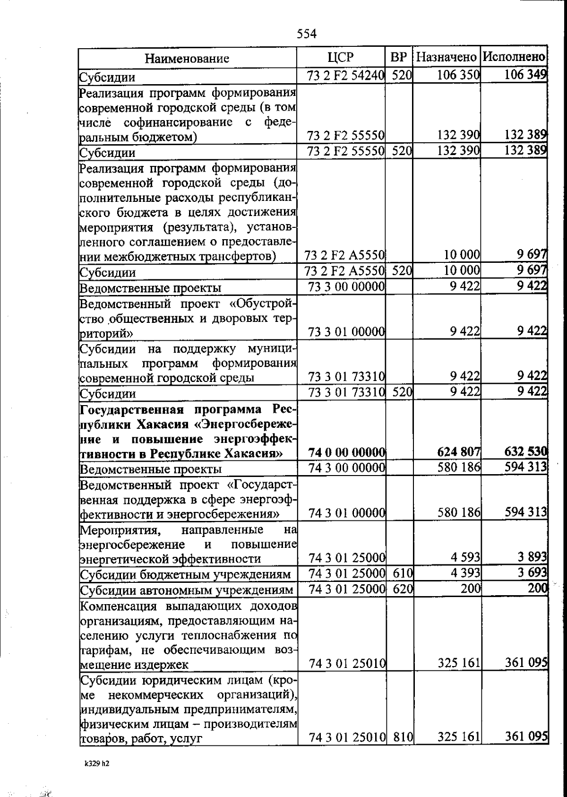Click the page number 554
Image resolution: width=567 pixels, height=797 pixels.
(307, 34)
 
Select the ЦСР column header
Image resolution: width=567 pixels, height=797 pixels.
(340, 58)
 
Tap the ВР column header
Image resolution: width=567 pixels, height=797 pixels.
(399, 58)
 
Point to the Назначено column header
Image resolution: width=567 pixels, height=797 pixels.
(447, 58)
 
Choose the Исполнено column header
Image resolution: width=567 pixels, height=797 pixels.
(514, 58)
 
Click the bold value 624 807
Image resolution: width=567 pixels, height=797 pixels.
(458, 452)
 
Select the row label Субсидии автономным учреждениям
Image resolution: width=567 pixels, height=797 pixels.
(187, 590)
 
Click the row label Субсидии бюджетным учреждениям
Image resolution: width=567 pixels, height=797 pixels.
(185, 575)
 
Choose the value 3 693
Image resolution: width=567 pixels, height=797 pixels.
(531, 573)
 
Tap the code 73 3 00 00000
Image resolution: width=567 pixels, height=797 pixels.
(346, 286)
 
